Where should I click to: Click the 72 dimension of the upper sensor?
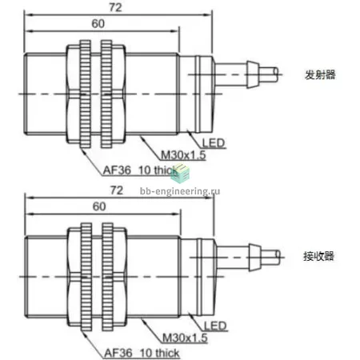click(115, 7)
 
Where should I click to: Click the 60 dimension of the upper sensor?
click(98, 24)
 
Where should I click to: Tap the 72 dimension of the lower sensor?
click(117, 190)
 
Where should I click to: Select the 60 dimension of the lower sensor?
click(99, 206)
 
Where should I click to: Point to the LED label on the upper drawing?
click(214, 143)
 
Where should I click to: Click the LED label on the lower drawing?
click(215, 326)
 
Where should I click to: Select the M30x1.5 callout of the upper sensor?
click(183, 155)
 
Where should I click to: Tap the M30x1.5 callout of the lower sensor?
click(185, 338)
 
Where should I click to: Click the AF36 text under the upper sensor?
click(117, 170)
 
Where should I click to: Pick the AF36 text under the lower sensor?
click(118, 353)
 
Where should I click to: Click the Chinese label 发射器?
click(320, 74)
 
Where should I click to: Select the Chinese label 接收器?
click(318, 256)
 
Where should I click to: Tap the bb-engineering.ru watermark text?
click(180, 191)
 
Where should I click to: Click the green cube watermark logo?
click(180, 174)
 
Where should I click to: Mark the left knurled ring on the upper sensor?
click(86, 94)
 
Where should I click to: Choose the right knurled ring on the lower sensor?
click(107, 277)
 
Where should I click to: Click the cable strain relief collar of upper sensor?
click(253, 74)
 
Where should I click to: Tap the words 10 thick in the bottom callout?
click(159, 353)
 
